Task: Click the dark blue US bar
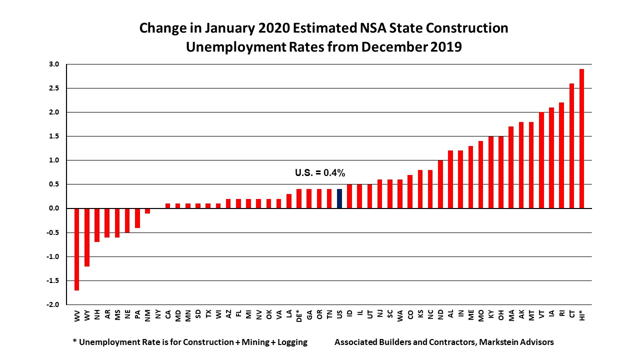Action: tap(339, 198)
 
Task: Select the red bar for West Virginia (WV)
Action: tap(77, 249)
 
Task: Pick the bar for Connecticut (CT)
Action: tap(572, 145)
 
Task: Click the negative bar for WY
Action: tap(87, 237)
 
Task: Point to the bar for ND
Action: tap(440, 184)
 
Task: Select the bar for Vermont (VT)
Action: tap(541, 160)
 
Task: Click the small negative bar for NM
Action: tap(147, 211)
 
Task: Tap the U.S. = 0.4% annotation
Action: tap(320, 173)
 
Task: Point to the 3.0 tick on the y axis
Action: tap(54, 64)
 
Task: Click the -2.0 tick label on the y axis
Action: tap(53, 304)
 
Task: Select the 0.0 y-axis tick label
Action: tap(54, 208)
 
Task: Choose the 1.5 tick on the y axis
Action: tap(54, 136)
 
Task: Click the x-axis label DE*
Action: tap(299, 316)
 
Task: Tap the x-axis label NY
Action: tap(157, 315)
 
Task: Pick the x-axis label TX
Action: tap(208, 315)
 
